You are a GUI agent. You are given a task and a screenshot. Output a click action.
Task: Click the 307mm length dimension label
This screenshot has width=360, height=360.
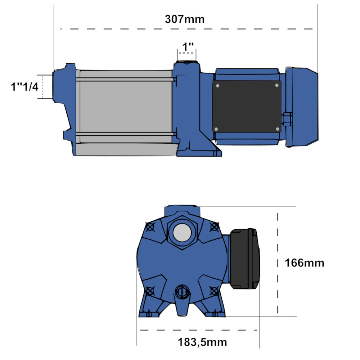coord(184,19)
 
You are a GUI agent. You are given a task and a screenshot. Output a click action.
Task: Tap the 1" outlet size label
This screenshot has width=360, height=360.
coord(188,47)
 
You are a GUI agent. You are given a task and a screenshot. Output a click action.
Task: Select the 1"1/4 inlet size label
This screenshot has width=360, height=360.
coord(24,87)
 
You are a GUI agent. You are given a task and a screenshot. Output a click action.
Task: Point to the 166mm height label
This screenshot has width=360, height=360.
coord(304,263)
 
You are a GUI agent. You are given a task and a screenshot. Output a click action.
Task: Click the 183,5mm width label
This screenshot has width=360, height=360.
coord(202,342)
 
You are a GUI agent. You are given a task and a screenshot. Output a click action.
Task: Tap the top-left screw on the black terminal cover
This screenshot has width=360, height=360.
coord(217,86)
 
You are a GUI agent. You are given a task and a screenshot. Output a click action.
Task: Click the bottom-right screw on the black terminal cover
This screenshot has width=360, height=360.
coord(276,129)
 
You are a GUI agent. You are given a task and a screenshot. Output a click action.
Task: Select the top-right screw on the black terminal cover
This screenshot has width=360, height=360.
coord(276,85)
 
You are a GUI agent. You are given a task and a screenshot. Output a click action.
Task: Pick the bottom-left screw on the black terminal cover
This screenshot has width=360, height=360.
coord(216,129)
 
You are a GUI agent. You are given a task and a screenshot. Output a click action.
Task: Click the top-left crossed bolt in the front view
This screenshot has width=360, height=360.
coord(150,227)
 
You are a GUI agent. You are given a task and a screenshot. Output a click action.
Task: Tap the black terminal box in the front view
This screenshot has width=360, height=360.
coord(245,259)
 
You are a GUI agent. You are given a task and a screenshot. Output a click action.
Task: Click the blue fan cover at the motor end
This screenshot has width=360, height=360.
coord(302,107)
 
